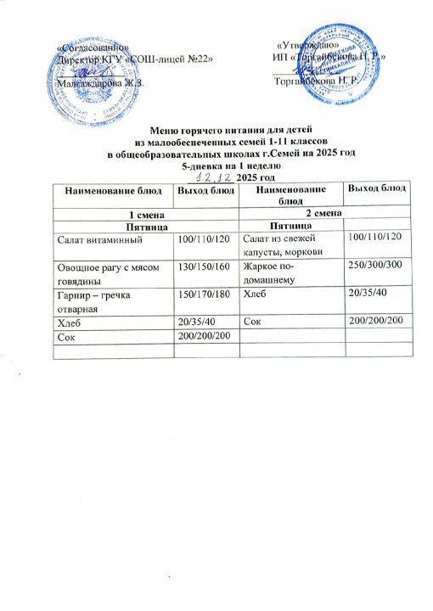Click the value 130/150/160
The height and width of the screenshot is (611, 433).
[x=199, y=266]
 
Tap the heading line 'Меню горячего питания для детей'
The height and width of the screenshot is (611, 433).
[x=216, y=131]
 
